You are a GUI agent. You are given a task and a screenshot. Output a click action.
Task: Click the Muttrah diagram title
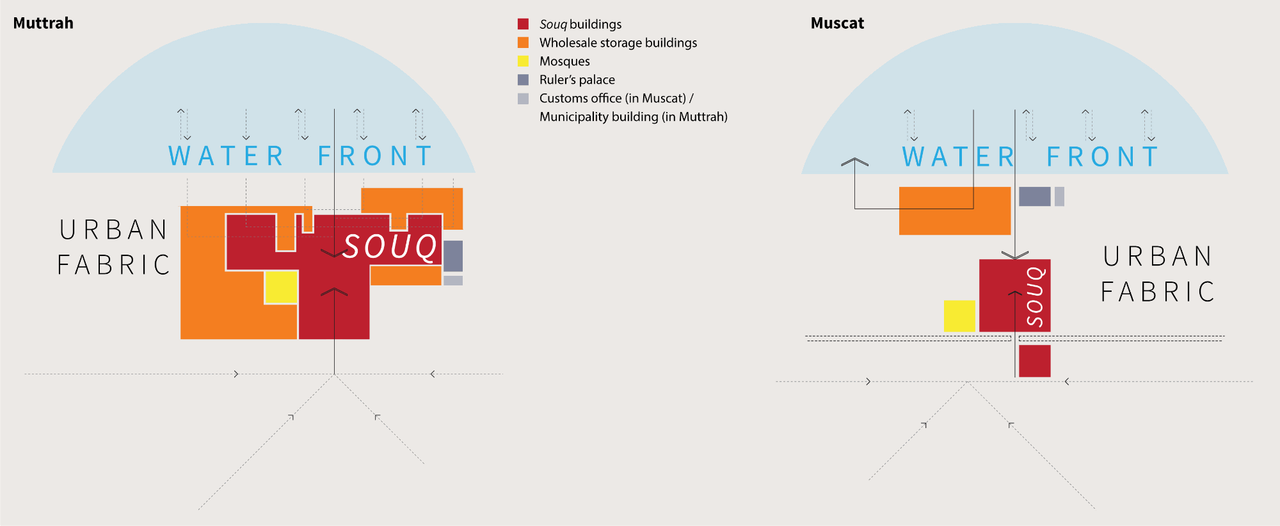[x=43, y=23]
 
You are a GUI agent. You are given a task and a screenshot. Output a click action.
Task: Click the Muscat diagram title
[x=837, y=23]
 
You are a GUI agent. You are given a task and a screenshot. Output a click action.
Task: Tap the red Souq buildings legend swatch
[x=523, y=24]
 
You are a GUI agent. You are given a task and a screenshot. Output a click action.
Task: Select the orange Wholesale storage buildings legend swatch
[x=523, y=43]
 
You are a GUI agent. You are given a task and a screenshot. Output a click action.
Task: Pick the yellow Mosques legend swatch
[x=523, y=61]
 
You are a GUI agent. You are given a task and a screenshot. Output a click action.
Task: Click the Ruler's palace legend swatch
[x=523, y=80]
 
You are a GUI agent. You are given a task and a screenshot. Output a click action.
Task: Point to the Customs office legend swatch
[x=523, y=99]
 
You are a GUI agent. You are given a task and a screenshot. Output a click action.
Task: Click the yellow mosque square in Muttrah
[x=281, y=287]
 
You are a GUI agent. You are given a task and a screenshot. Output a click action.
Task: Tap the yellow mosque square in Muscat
[x=959, y=315]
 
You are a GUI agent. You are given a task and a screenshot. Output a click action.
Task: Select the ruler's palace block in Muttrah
[x=453, y=256]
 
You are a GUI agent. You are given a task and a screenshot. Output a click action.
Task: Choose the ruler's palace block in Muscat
[x=1034, y=196]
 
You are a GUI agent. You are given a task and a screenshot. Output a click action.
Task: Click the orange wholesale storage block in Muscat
[x=954, y=211]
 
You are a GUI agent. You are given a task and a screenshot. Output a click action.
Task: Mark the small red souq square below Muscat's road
[x=1034, y=361]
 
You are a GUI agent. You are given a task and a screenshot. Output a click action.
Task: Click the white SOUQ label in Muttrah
[x=390, y=247]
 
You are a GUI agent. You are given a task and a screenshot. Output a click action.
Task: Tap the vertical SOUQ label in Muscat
[x=1035, y=296]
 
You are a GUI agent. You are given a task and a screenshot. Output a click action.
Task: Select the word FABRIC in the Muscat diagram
[x=1157, y=292]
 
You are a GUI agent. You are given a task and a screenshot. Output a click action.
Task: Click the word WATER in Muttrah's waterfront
[x=226, y=156]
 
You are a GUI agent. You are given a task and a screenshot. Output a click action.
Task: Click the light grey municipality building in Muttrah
[x=453, y=280]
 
